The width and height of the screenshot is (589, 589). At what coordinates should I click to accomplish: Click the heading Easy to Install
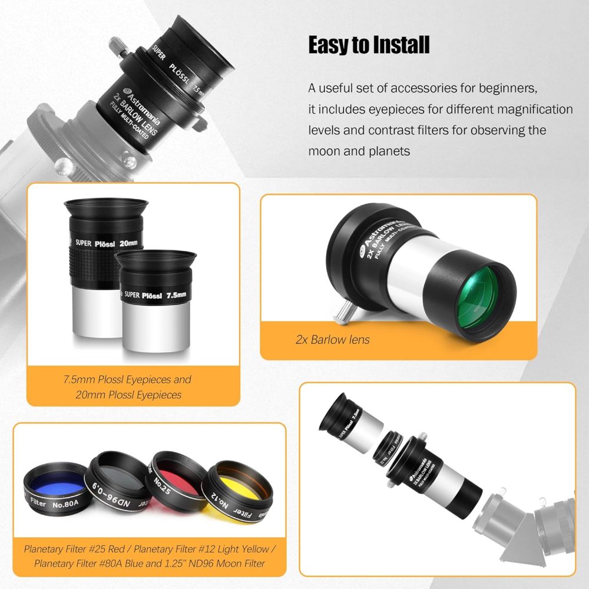click(x=369, y=45)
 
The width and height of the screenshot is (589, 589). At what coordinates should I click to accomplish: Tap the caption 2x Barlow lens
click(x=332, y=339)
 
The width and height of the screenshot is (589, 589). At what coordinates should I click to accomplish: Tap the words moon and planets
click(x=359, y=151)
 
